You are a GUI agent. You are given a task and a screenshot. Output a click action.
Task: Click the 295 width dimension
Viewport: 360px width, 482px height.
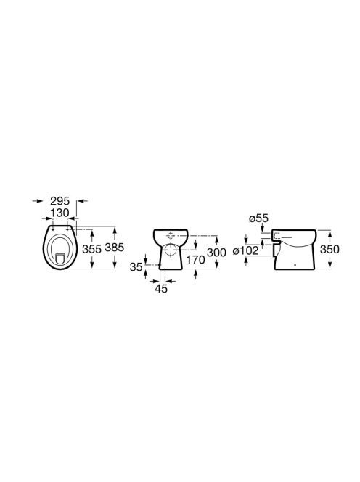tap(60, 201)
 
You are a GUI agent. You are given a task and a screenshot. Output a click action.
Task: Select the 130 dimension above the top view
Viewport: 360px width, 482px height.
tap(60, 213)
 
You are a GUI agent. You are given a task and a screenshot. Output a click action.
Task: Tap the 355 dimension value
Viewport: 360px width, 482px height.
tap(91, 249)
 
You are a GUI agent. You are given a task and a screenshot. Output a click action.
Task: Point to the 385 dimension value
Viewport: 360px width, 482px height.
tap(115, 247)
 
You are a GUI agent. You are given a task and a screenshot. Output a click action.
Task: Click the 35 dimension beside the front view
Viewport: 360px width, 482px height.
tap(136, 267)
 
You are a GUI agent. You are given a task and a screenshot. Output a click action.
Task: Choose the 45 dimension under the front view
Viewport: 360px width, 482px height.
tap(161, 288)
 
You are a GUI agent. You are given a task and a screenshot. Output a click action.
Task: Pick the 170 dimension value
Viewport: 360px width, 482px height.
tap(195, 260)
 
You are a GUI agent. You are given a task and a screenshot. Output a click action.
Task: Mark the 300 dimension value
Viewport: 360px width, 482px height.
tap(216, 253)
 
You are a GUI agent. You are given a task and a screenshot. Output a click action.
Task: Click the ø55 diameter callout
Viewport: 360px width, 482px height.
tap(259, 218)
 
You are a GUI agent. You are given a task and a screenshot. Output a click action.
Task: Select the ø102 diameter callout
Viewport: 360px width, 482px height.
tap(245, 250)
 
